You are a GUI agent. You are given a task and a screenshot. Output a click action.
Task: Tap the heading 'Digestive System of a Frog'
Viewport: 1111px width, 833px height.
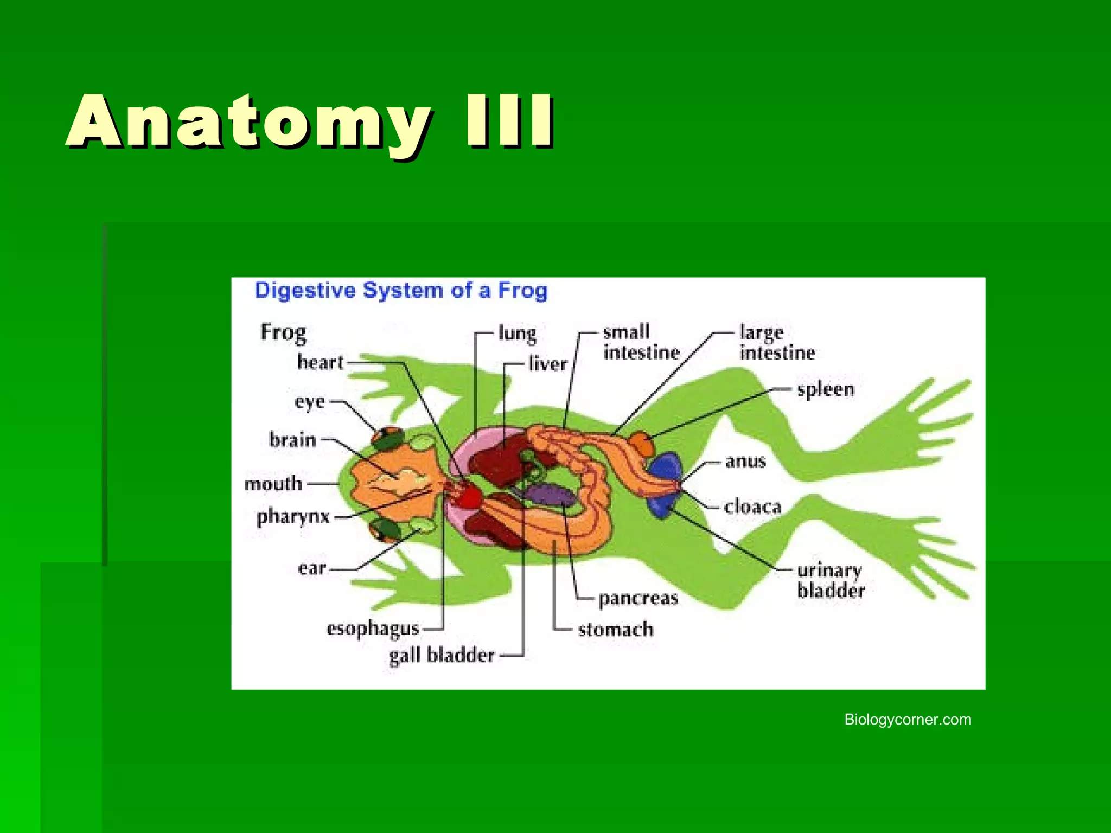coord(401,291)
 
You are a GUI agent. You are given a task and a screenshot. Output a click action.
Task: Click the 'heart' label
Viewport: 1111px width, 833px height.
coord(320,362)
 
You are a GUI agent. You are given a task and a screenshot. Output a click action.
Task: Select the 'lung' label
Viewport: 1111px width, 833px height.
coord(517,333)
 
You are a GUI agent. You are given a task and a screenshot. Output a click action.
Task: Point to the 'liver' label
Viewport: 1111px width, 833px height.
coord(547,364)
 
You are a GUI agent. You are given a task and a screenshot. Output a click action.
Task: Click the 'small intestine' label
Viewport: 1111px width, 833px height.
coord(641,342)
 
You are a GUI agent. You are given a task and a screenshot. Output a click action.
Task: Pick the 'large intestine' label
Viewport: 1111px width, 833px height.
coord(777,343)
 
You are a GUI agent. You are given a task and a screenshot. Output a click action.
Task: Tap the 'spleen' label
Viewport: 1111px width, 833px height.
coord(825,389)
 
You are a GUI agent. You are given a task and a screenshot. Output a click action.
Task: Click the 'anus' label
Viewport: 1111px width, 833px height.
coord(745,462)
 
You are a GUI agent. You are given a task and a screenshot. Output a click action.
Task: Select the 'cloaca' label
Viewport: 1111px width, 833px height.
coord(752,507)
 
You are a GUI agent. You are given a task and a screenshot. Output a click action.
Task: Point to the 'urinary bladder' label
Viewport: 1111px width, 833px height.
coord(831,580)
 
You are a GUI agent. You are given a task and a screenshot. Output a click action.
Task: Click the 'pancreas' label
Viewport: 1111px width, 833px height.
coord(638,598)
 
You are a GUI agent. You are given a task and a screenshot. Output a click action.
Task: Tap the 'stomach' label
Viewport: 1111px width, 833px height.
coord(615,630)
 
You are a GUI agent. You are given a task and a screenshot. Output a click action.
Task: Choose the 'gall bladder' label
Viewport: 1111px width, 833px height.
coord(442,655)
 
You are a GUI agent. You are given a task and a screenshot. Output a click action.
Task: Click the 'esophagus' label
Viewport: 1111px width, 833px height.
coord(373,629)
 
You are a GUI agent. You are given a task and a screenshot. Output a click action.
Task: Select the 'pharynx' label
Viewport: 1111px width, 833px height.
coord(293,517)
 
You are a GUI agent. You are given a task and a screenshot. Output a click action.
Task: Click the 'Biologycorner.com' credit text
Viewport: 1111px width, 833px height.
coord(908,720)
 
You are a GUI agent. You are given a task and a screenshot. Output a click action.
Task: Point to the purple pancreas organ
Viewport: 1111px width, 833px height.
coord(549,495)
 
